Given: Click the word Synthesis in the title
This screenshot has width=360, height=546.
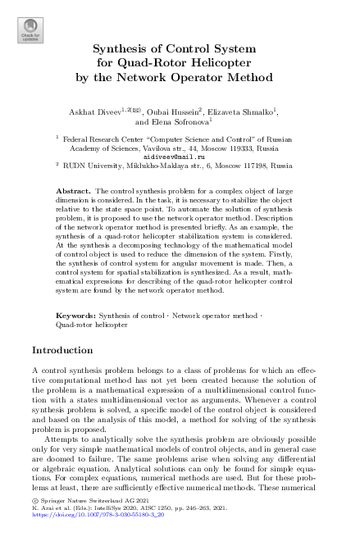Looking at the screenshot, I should pos(119,46).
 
